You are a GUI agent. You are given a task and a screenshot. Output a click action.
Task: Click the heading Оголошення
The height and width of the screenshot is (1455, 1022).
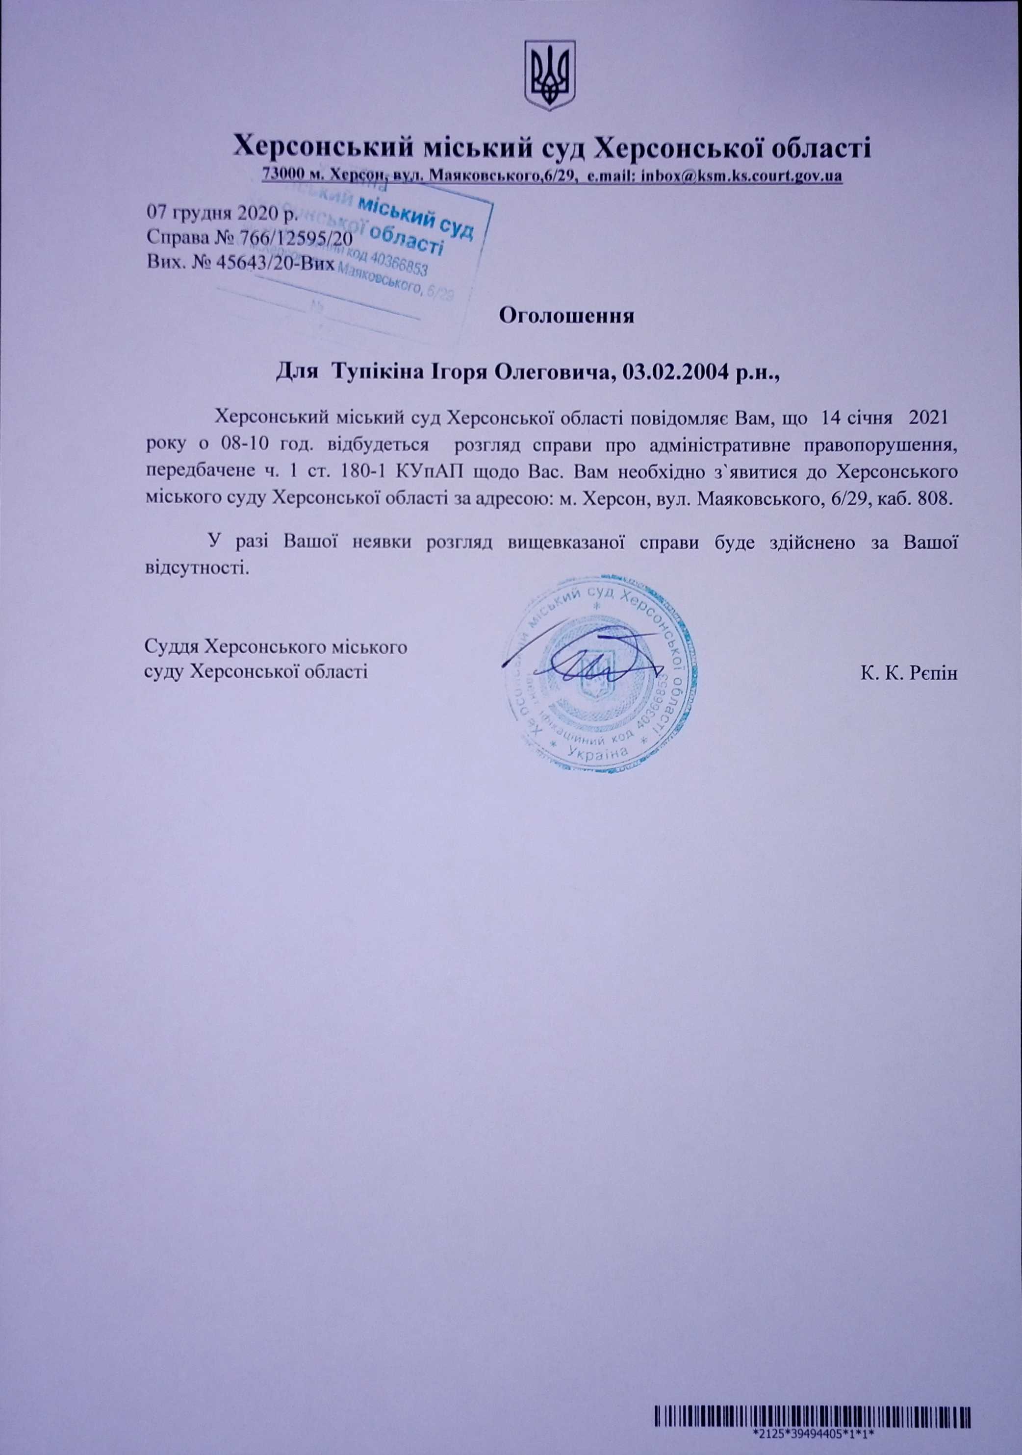(x=567, y=315)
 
